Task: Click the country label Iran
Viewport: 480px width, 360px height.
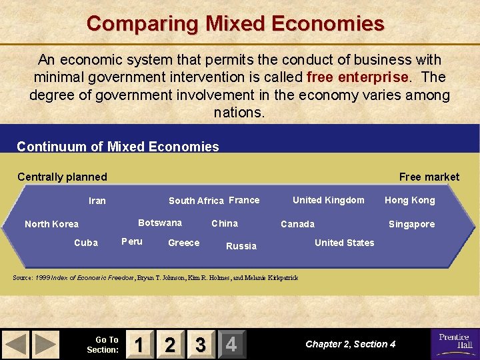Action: click(97, 201)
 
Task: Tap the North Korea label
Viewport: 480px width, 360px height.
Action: click(51, 224)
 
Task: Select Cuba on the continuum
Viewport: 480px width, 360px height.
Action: click(86, 243)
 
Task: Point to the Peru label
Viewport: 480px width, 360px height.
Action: click(132, 241)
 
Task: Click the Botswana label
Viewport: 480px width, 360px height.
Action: click(159, 223)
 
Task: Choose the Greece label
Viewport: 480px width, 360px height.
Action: click(183, 243)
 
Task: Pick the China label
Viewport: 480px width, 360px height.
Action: click(225, 223)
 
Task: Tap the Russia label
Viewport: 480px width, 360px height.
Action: click(241, 246)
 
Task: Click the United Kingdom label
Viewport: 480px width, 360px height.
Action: click(328, 200)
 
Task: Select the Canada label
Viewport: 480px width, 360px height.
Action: click(297, 224)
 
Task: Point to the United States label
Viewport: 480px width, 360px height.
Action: click(344, 243)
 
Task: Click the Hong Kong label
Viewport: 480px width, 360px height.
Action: click(409, 200)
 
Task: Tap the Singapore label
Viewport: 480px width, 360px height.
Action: click(411, 224)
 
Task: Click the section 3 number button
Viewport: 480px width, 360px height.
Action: click(200, 344)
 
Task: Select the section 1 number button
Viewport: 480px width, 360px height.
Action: click(139, 344)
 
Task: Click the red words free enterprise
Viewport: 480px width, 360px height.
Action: click(357, 77)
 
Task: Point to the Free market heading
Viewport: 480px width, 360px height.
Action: click(429, 177)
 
